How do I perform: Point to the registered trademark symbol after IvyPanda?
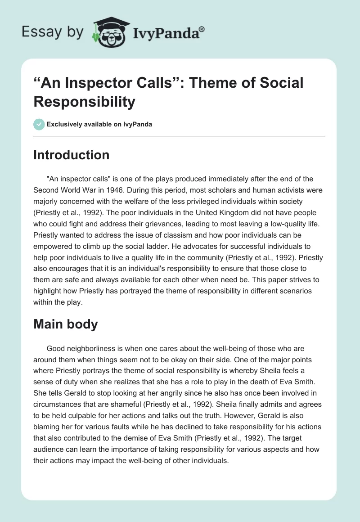point(202,29)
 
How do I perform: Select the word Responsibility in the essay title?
point(84,102)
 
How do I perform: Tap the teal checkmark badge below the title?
point(39,124)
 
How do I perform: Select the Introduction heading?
point(72,155)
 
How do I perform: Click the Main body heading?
point(66,324)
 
